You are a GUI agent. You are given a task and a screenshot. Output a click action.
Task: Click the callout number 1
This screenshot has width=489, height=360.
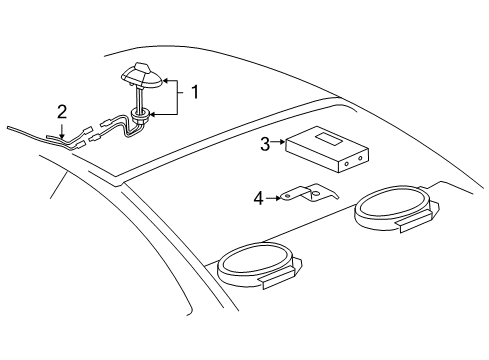pyautogui.click(x=196, y=92)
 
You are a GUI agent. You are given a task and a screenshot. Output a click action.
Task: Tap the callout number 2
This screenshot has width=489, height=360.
pyautogui.click(x=62, y=111)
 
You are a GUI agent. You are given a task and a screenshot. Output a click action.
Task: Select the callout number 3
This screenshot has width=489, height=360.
pyautogui.click(x=265, y=144)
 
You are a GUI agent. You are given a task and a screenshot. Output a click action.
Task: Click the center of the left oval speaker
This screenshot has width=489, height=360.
pyautogui.click(x=255, y=266)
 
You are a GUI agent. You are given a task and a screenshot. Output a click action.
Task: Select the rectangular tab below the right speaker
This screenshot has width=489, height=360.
pyautogui.click(x=415, y=228)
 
